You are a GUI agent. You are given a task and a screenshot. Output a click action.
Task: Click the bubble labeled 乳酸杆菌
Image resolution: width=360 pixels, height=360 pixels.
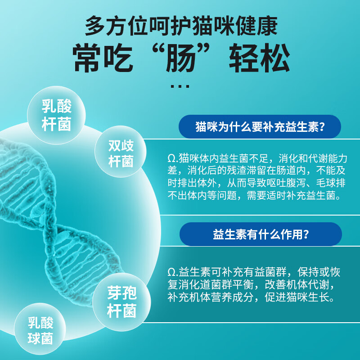tap(56, 115)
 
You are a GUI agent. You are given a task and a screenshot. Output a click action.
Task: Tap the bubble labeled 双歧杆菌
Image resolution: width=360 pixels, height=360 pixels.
tap(121, 152)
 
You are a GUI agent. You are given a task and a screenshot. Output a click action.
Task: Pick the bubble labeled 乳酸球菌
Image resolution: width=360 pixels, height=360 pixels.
tap(40, 329)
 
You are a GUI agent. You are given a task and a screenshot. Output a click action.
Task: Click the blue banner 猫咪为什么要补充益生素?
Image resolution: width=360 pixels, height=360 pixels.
tap(260, 127)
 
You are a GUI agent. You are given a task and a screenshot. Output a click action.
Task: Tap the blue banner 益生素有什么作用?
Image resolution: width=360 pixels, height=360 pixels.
tap(261, 234)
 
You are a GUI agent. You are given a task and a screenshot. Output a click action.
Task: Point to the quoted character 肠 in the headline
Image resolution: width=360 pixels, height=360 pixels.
tap(181, 58)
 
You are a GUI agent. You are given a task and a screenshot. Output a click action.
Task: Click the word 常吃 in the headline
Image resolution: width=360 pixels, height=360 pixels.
tap(103, 58)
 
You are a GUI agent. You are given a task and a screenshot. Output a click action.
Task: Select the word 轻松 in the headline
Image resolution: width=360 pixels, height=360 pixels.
tap(260, 58)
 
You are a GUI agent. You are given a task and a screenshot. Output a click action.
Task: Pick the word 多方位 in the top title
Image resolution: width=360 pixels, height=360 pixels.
tap(117, 26)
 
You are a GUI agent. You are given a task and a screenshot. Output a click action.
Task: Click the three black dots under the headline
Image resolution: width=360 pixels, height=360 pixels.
tap(180, 86)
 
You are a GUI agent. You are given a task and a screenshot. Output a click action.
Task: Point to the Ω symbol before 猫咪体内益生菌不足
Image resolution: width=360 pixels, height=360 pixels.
tap(171, 159)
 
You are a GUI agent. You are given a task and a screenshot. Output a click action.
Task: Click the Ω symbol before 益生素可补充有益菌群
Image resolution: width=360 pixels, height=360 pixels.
tap(171, 273)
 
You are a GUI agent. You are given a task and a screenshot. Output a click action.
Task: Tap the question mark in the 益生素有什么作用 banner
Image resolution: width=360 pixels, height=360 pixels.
tap(306, 234)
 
